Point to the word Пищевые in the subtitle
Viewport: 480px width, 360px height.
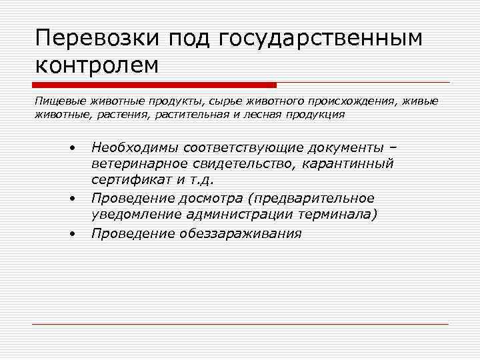(55, 101)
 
